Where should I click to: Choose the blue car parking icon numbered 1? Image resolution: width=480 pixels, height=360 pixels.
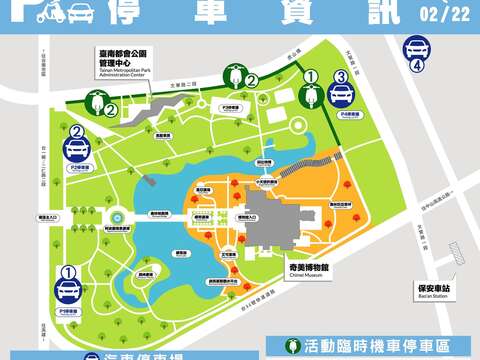[69, 287]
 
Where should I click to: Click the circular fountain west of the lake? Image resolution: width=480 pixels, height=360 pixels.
[118, 216]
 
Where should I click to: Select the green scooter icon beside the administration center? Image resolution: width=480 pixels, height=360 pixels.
[97, 102]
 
